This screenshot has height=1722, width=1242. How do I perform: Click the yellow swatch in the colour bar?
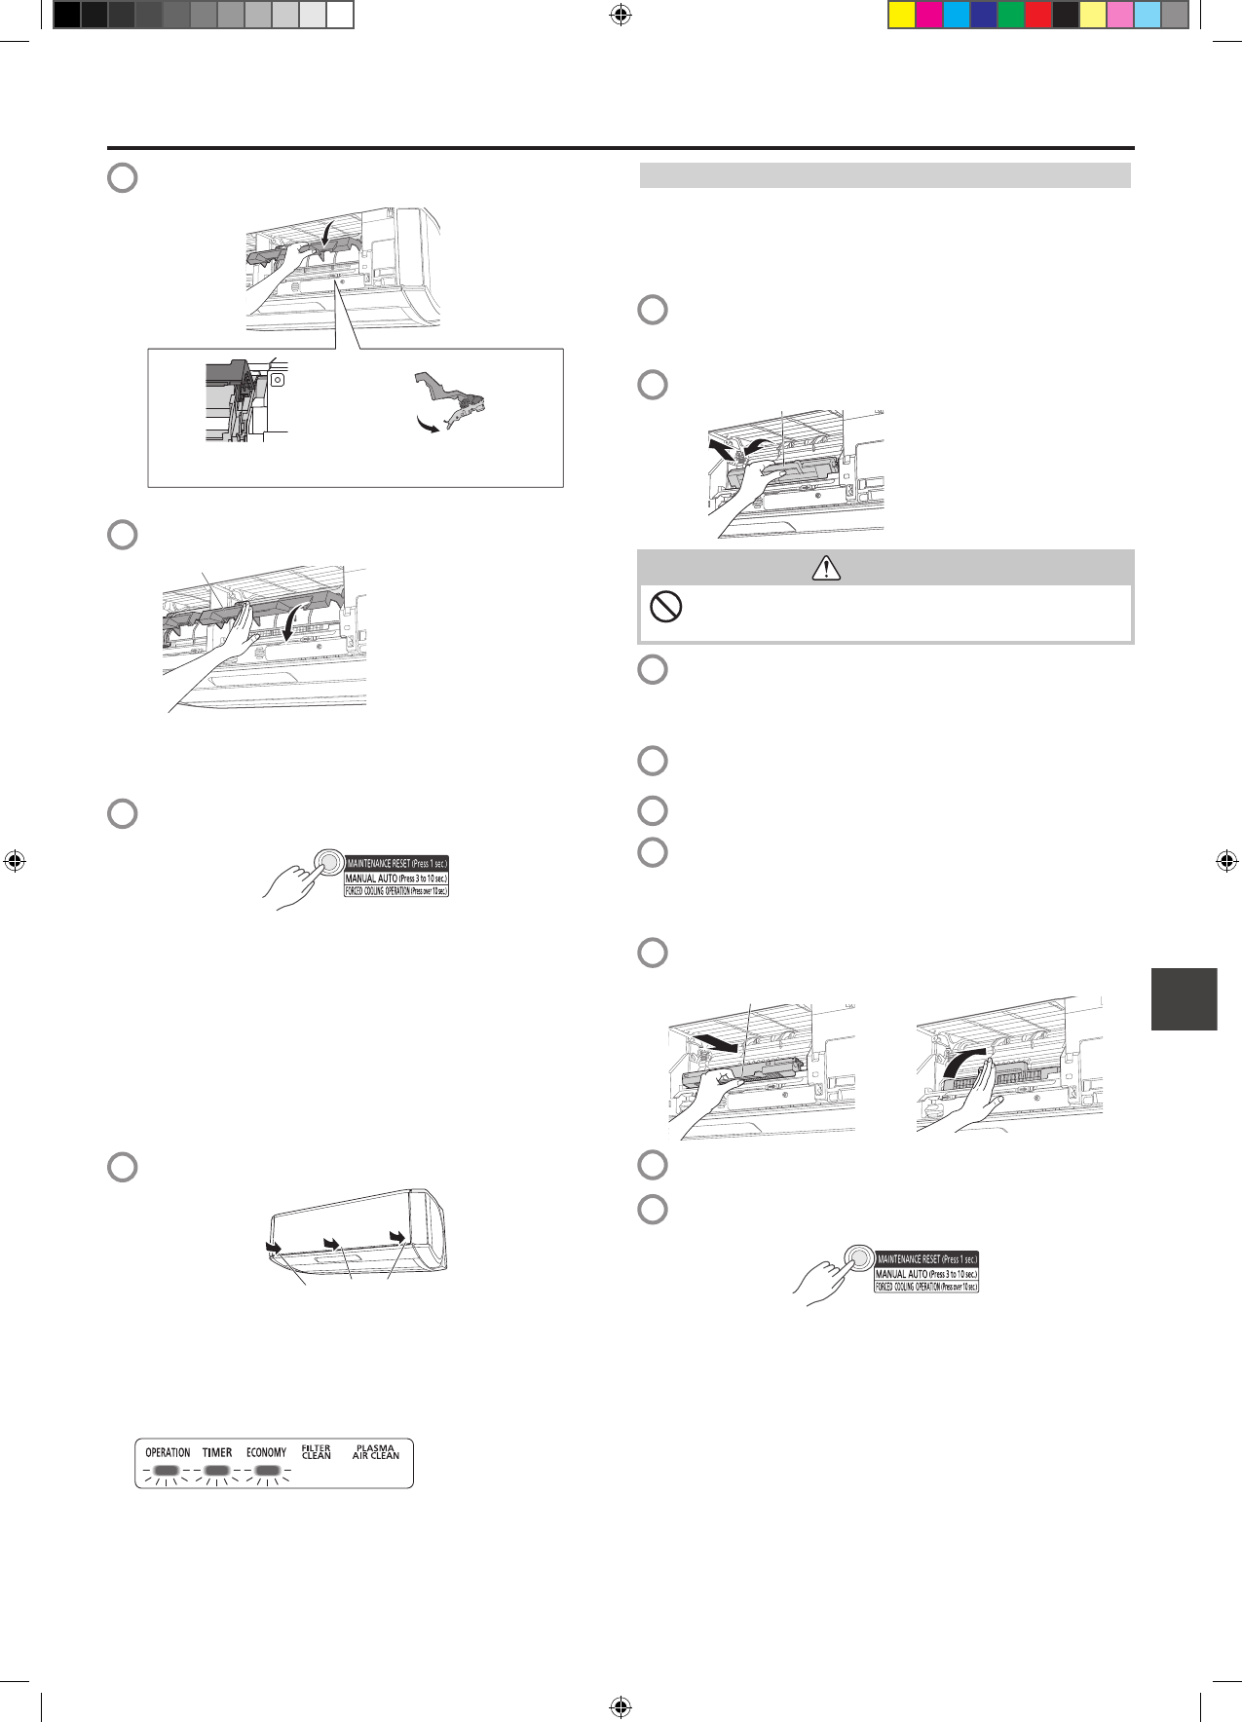[x=902, y=15]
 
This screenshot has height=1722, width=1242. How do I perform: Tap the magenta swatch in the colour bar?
[x=929, y=15]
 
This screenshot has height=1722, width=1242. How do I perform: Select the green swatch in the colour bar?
[x=1011, y=15]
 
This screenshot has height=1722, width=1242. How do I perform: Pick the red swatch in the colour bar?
[x=1038, y=15]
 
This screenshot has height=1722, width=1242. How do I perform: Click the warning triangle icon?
[x=826, y=568]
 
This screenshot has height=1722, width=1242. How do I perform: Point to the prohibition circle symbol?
[x=665, y=608]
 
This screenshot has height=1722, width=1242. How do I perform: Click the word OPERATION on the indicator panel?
[x=168, y=1452]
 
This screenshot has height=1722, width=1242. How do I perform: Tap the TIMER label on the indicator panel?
[x=217, y=1452]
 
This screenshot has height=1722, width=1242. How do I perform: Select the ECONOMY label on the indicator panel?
[x=266, y=1452]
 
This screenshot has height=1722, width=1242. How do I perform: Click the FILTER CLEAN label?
[x=317, y=1452]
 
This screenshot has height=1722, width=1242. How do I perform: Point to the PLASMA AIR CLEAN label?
[x=376, y=1452]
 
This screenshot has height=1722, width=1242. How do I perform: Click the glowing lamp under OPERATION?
[x=167, y=1470]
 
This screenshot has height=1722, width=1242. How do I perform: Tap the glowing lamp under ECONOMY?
[x=266, y=1470]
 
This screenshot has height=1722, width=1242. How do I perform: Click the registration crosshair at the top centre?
[x=621, y=15]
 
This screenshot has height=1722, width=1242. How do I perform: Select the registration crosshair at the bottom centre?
[x=621, y=1706]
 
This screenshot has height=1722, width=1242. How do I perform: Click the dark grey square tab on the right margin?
[x=1184, y=998]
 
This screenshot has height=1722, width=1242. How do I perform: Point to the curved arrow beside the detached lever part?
[x=426, y=427]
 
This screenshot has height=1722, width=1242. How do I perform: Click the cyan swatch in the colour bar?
[x=957, y=15]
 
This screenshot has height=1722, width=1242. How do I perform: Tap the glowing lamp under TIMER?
[x=216, y=1470]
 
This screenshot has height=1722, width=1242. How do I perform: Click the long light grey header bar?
[x=884, y=175]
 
